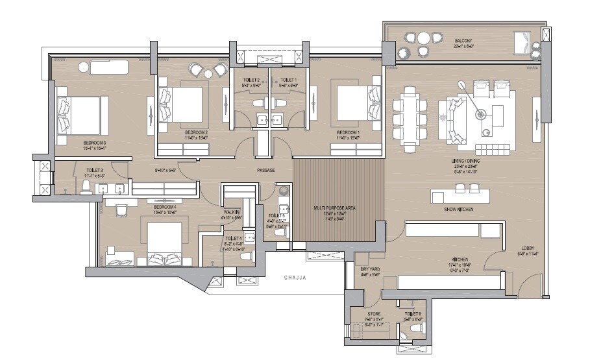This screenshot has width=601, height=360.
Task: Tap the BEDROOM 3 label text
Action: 94,141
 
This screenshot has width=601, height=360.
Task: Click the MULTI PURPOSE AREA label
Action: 334,208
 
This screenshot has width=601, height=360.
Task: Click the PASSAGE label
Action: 265,170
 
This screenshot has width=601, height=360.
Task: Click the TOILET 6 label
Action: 413,313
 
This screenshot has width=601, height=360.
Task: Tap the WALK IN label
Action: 232,211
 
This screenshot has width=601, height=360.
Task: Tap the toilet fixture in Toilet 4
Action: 245,257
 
